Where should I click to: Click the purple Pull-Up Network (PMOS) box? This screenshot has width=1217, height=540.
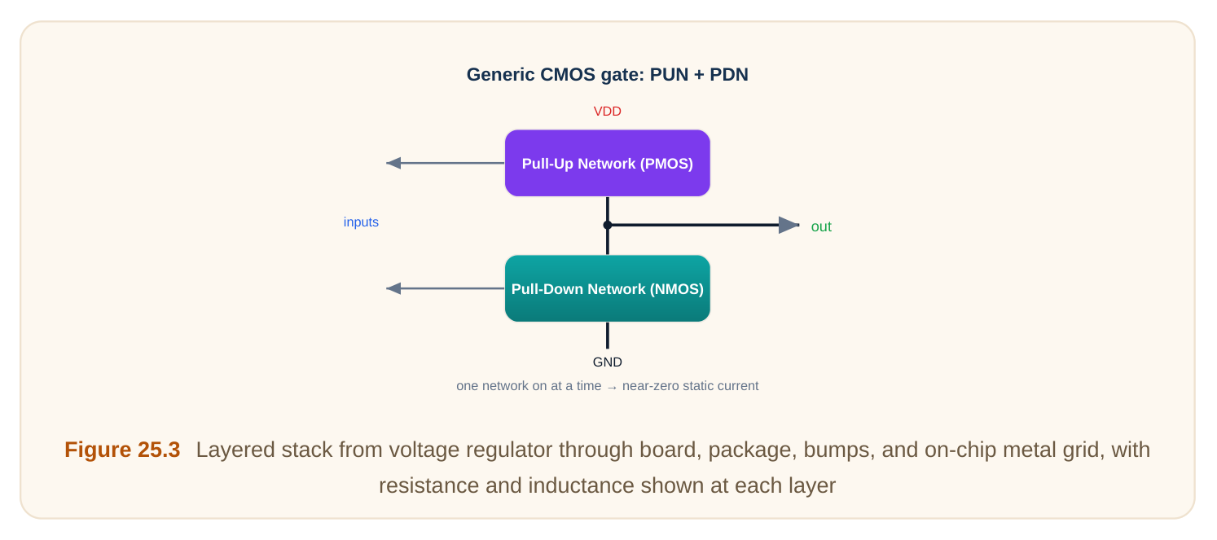608,163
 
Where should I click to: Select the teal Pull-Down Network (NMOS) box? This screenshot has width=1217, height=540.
608,288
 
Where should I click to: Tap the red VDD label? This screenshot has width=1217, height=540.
608,112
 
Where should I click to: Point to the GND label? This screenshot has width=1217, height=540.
608,362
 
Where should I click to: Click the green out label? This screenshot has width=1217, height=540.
821,226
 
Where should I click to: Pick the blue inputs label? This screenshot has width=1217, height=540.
361,222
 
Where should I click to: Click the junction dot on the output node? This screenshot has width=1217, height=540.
608,225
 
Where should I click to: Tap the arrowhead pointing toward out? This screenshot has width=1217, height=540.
789,225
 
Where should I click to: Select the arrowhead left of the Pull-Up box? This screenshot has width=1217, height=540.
393,163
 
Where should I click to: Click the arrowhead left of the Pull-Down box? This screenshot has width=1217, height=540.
393,288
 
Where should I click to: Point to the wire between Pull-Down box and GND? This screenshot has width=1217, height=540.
608,336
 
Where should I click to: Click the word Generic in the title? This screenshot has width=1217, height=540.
500,74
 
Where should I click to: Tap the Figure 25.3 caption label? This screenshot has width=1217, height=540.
122,450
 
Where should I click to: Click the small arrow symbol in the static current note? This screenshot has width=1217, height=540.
612,387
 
